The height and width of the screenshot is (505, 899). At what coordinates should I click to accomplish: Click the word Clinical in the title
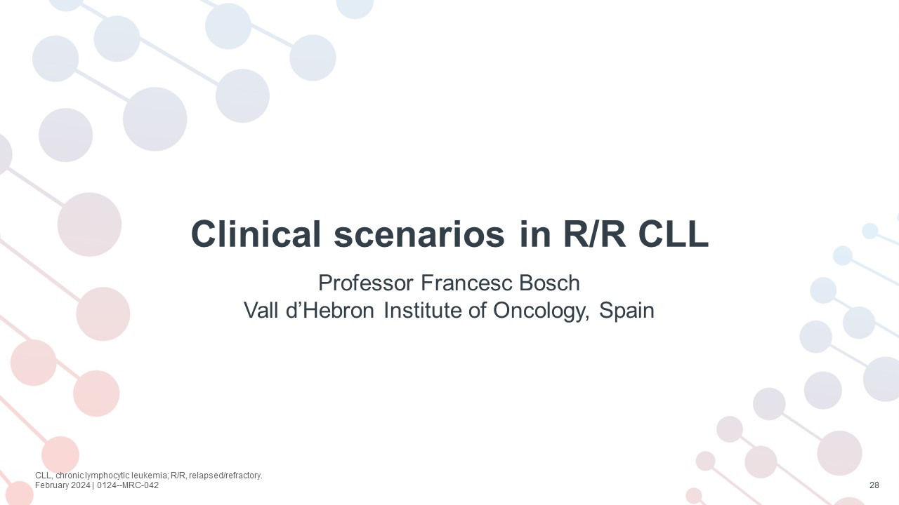256,234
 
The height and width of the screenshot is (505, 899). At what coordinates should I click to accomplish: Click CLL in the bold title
673,234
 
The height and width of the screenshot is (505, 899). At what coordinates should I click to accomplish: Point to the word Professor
366,283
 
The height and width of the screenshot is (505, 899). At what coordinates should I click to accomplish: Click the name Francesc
466,283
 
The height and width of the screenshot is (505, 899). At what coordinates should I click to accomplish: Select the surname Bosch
550,283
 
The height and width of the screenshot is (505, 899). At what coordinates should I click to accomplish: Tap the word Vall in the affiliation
261,310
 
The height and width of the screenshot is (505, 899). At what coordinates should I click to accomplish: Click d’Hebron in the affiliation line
330,310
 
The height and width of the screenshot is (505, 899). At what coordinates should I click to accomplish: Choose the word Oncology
542,311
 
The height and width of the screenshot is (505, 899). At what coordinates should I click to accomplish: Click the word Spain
626,311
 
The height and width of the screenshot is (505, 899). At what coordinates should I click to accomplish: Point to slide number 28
874,485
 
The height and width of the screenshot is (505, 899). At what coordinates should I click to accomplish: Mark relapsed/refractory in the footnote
225,476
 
